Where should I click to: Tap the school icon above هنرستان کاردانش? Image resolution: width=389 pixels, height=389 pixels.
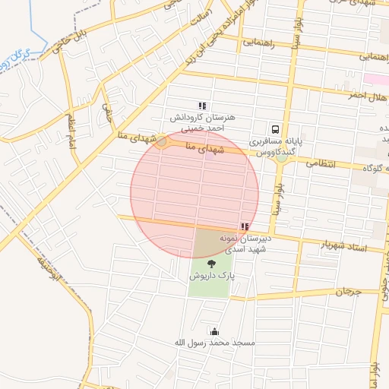tap(201, 106)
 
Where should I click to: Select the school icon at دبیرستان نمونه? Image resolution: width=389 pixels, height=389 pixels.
tap(244, 226)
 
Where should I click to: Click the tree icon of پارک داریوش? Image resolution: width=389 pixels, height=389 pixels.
tap(211, 264)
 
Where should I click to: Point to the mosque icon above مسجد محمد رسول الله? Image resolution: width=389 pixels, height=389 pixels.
tap(214, 331)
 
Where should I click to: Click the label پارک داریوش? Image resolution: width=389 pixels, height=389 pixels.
tap(212, 277)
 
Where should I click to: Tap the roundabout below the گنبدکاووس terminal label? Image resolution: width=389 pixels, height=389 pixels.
tap(282, 157)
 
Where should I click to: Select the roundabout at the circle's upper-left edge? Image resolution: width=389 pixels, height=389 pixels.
tap(162, 142)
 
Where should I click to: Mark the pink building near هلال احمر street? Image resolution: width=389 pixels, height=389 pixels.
tap(375, 79)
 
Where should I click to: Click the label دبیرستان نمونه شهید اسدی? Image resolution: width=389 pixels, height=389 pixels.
tap(245, 245)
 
